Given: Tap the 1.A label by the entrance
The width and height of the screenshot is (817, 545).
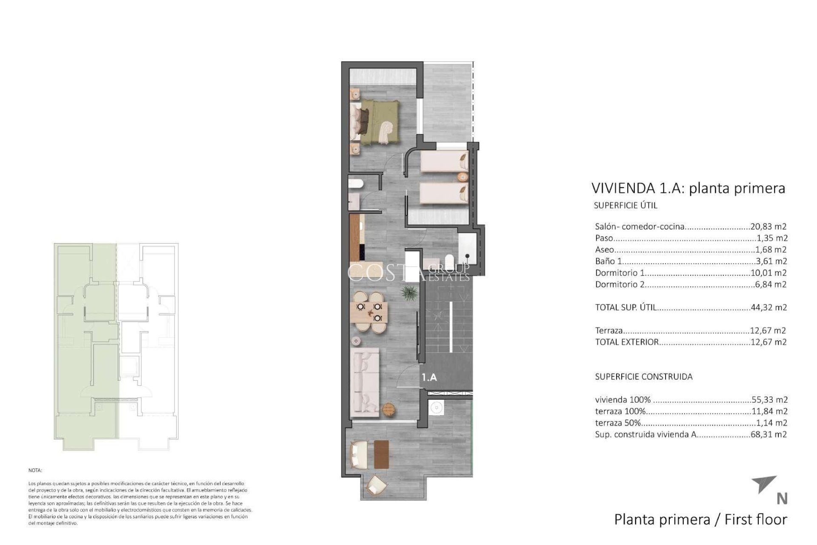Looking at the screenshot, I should click(x=429, y=377).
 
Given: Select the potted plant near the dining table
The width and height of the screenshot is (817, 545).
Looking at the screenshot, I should click(x=409, y=293).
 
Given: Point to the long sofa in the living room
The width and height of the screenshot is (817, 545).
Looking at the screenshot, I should click(x=365, y=381).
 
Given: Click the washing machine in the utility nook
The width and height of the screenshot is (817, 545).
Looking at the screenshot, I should click(x=435, y=408).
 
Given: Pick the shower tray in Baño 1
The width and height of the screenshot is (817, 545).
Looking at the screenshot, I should click(x=468, y=244).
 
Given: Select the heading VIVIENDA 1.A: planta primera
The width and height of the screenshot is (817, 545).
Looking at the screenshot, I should click(x=688, y=188).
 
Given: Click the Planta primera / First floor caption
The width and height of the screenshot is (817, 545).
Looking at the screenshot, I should click(x=700, y=519).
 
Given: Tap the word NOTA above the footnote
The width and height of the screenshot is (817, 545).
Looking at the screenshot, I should click(x=36, y=471).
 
